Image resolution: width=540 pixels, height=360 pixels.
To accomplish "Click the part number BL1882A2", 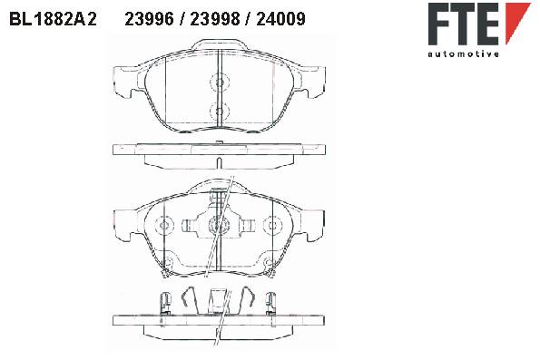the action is point(53,19).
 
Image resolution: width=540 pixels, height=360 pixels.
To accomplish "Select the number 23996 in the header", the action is point(150,19).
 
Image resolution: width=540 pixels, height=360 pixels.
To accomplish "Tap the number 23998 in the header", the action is point(215,19).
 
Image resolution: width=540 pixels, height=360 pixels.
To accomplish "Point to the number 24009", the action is point(280,19).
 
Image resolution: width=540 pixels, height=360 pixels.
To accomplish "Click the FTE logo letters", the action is point(464,24).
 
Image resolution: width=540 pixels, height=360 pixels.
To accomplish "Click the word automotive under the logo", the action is point(463,54).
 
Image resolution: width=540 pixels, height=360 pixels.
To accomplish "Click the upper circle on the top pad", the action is point(219,83).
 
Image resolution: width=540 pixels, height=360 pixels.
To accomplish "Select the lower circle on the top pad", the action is point(219,111).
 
